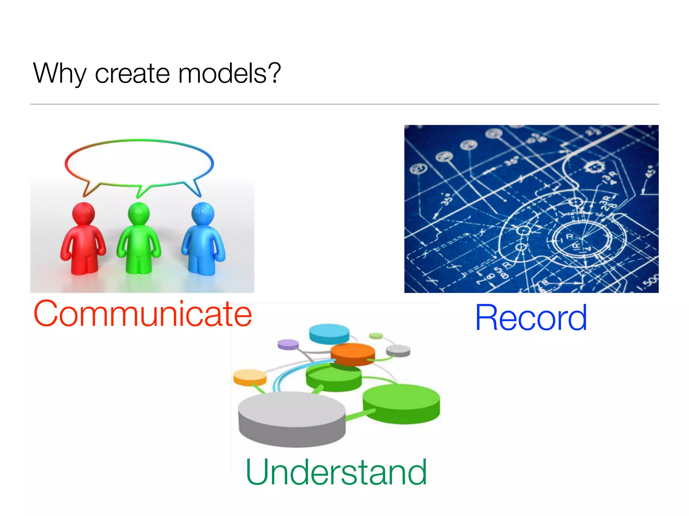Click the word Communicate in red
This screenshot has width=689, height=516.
(143, 314)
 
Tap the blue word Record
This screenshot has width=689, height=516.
(531, 317)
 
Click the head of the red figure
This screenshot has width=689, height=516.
(83, 213)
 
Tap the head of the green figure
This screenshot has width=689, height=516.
(139, 213)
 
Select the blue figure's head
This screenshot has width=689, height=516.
(203, 213)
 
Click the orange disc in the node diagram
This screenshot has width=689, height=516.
(353, 354)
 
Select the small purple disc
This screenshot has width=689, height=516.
(288, 344)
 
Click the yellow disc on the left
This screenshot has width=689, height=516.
(250, 377)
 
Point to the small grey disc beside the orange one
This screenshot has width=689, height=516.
(398, 351)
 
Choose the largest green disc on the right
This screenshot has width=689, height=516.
(401, 403)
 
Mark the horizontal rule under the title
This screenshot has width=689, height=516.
(344, 104)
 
